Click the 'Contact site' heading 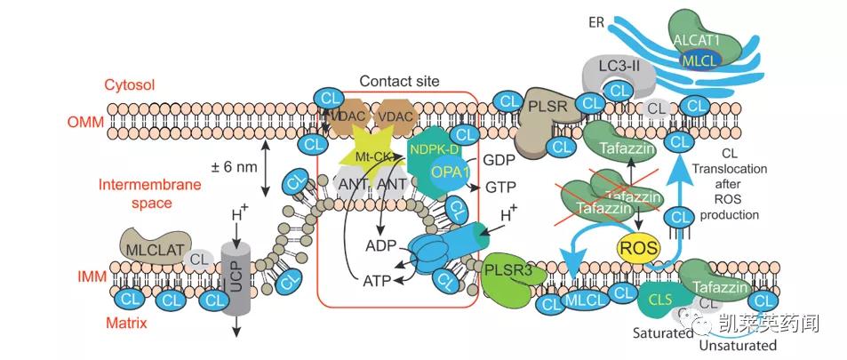click(399, 81)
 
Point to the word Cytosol click(131, 84)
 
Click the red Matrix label click(126, 324)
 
